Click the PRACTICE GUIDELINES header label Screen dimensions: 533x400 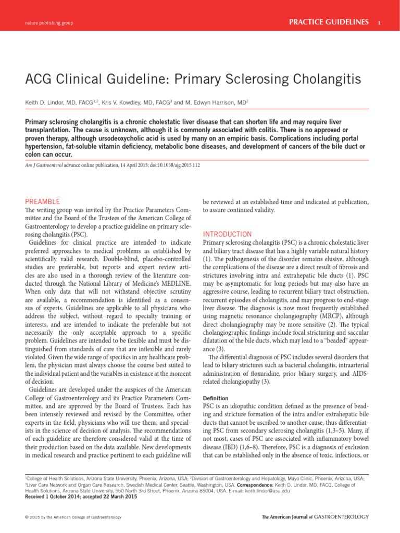[x=329, y=22]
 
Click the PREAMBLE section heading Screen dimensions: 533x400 [x=43, y=201]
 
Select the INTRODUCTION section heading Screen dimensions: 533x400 [x=227, y=234]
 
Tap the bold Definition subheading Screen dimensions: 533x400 [x=215, y=398]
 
